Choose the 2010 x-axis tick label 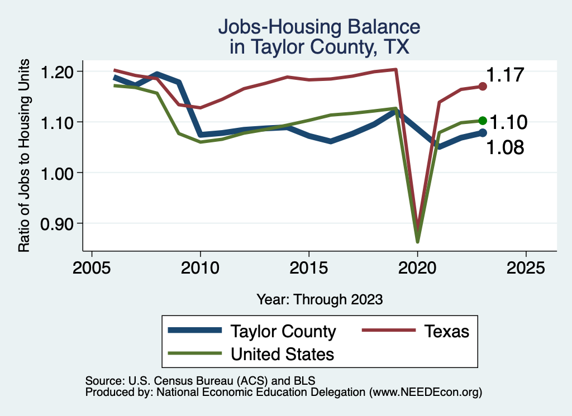pos(200,267)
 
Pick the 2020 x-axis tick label pos(417,267)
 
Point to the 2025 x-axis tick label pos(526,267)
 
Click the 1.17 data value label pos(505,75)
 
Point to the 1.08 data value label pos(505,147)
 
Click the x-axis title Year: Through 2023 pos(320,299)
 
